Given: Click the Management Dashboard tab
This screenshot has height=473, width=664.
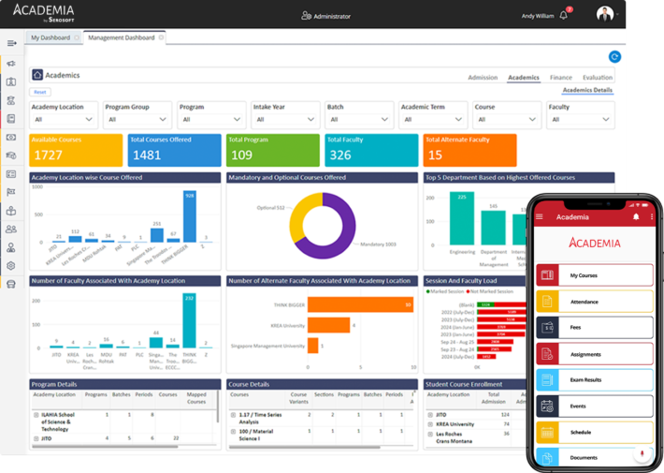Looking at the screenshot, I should coord(122,37).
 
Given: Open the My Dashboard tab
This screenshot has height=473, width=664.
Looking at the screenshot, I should coord(51,37).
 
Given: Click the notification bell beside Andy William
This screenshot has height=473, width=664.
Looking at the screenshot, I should coord(564,16).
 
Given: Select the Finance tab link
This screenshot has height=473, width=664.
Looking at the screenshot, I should coord(560,78).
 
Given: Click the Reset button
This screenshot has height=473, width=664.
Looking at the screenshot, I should coord(40,92).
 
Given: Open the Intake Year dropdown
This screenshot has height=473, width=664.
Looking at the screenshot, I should coord(285,119).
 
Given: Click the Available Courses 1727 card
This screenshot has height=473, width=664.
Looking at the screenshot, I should coord(76,150).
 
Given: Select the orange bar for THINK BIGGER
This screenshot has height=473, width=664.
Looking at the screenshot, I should coord(359,304).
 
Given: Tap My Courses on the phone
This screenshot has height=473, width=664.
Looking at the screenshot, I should coord(594,275).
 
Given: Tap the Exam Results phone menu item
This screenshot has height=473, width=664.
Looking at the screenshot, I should coord(594,380).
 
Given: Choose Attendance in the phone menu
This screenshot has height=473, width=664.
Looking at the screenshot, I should coord(594,302).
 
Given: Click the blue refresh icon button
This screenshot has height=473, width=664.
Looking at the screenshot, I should coord(614,57).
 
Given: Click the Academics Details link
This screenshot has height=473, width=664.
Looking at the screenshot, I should coord(587,90).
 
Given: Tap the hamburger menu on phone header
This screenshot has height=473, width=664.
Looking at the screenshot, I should coord(540,217).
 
